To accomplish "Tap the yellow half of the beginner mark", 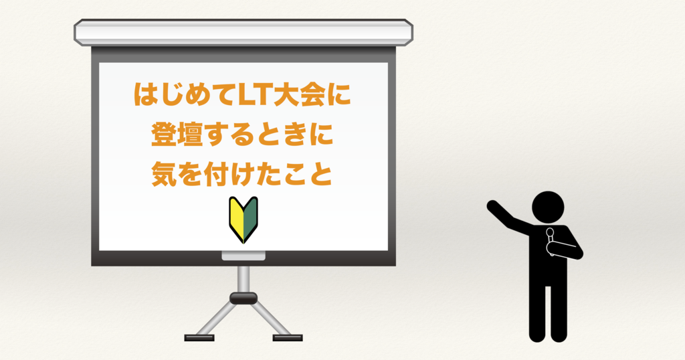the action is coord(236,218).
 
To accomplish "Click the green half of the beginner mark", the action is coord(251,218).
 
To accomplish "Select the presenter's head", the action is coord(548,207).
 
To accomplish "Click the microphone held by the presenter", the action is coord(550,240).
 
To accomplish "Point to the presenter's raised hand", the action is coord(492,205).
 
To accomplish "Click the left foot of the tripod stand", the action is coord(199,338).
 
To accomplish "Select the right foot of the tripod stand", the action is coord(288,338).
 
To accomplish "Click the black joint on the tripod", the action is coord(243,298).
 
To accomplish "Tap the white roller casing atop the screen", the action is coord(243,32).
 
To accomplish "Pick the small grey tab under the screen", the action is coord(243,256).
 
